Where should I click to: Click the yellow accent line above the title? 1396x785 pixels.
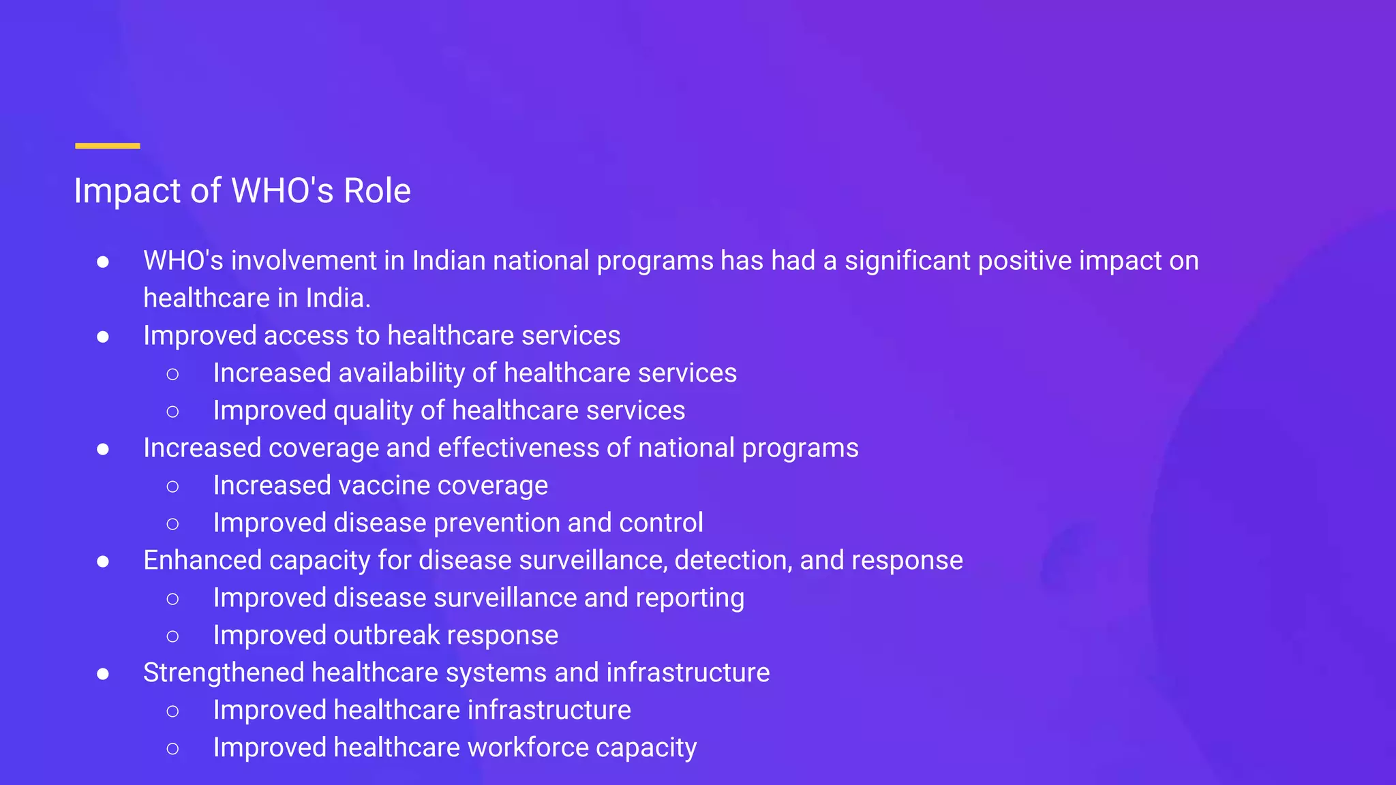click(x=107, y=146)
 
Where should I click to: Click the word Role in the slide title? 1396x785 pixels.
click(x=377, y=191)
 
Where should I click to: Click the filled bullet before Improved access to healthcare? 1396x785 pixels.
click(x=103, y=337)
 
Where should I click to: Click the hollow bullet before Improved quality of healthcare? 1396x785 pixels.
click(x=172, y=412)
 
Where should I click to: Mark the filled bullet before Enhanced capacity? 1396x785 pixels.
click(x=103, y=561)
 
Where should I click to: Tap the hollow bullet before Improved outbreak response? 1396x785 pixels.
click(x=172, y=636)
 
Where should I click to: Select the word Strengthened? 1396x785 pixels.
click(x=224, y=673)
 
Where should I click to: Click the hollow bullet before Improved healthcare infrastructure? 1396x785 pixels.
click(x=172, y=711)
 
